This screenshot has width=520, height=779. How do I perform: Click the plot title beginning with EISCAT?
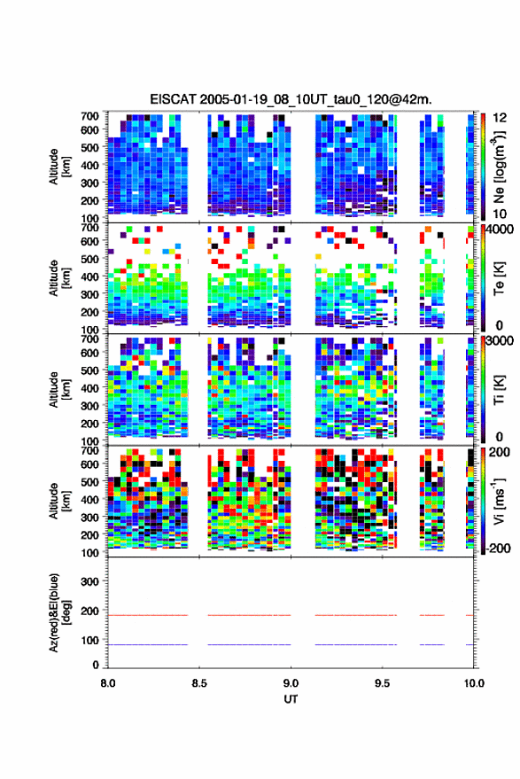pos(291,99)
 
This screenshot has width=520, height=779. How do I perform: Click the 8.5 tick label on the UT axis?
pos(199,683)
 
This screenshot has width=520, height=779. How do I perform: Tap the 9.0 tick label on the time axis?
pos(291,683)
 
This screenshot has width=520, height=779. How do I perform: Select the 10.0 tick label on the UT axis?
pos(474,683)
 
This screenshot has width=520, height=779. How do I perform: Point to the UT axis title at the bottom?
pos(291,699)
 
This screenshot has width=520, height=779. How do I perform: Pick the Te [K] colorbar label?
pos(499,278)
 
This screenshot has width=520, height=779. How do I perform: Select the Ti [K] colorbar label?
pos(499,390)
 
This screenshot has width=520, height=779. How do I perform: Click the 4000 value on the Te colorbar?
pos(500,230)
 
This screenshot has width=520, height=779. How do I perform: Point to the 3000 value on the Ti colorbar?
pos(500,341)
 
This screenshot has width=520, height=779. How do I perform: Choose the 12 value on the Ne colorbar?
pos(500,118)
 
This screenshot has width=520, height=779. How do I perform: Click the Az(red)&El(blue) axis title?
pos(59,612)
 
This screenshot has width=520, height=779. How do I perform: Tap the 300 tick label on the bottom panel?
pos(89,581)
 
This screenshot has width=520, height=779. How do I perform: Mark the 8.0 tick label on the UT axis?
pos(108,683)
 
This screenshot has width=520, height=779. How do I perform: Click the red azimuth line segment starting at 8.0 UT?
pos(148,615)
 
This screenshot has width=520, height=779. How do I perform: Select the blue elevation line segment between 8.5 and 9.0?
pos(249,644)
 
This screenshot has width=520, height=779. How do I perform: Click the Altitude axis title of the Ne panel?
pos(59,167)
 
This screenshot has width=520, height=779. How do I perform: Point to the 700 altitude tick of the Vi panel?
pos(89,450)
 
